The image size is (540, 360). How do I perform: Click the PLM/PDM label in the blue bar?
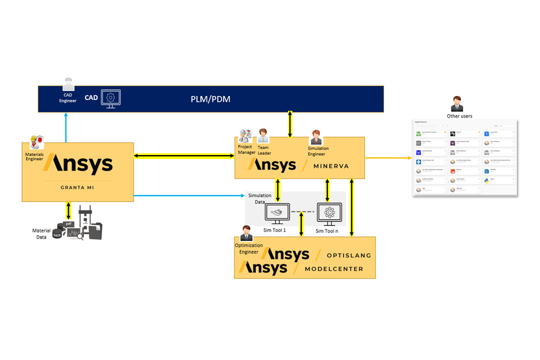(210, 99)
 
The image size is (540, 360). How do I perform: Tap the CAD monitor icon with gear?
(111, 98)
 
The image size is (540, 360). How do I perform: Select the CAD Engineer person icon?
(68, 84)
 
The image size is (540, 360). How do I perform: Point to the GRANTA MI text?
(77, 187)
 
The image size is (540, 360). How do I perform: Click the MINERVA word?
(336, 165)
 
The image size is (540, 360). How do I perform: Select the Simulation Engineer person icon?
(316, 137)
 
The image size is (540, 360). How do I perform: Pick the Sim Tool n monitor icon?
(329, 214)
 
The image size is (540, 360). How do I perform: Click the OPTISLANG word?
(348, 255)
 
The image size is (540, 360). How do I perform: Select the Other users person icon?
(457, 104)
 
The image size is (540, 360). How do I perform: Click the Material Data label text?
(41, 233)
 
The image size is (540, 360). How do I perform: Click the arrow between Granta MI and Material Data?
(68, 210)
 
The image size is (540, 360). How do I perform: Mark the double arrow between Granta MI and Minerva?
(184, 156)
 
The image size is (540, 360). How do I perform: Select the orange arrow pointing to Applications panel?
(388, 158)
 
